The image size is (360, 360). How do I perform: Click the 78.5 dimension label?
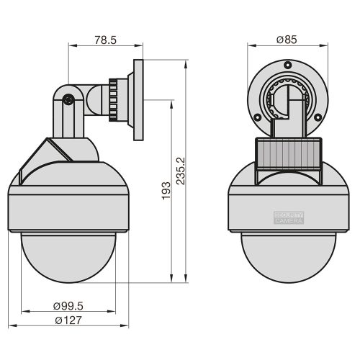pyautogui.click(x=105, y=40)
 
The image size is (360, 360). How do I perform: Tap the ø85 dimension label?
pyautogui.click(x=287, y=40)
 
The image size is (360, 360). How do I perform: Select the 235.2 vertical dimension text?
pyautogui.click(x=181, y=171)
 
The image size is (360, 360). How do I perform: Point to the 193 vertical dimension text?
pyautogui.click(x=166, y=191)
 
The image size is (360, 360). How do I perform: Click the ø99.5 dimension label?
pyautogui.click(x=68, y=306)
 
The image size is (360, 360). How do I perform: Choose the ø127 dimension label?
pyautogui.click(x=68, y=320)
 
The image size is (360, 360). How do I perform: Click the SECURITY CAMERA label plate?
pyautogui.click(x=289, y=217)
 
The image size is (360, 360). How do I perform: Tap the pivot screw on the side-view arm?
pyautogui.click(x=68, y=99)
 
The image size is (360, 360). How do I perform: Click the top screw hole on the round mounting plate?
pyautogui.click(x=287, y=65)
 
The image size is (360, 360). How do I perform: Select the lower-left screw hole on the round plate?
pyautogui.click(x=257, y=117)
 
